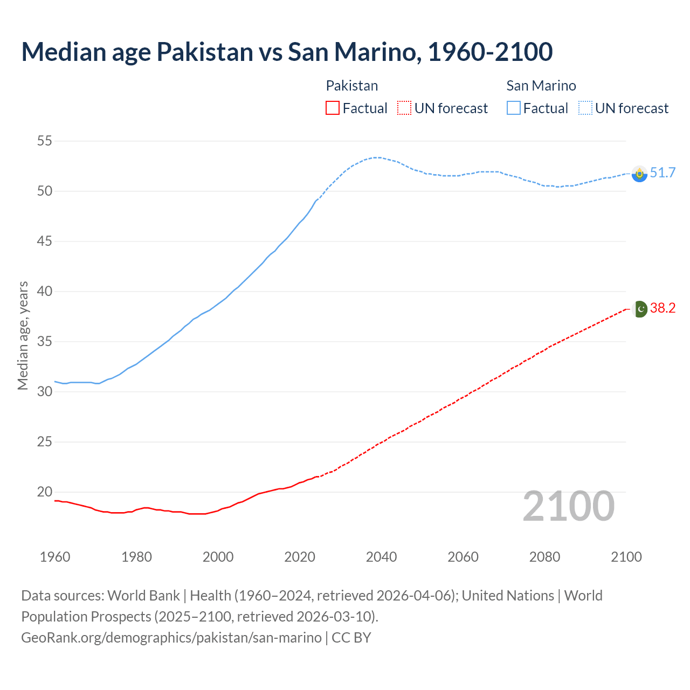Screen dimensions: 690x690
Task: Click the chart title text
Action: click(x=287, y=52)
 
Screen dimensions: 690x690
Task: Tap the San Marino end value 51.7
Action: click(x=663, y=172)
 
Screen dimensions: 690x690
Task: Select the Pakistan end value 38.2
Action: click(x=663, y=308)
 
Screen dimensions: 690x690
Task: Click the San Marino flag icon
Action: click(x=639, y=174)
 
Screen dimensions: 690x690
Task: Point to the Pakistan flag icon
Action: click(x=639, y=309)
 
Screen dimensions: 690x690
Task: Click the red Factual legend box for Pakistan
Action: click(x=333, y=108)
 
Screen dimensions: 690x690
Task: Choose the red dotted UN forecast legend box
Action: click(x=404, y=108)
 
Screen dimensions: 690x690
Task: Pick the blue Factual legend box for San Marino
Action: click(x=513, y=108)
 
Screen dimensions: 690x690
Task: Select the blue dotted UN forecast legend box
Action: click(x=585, y=108)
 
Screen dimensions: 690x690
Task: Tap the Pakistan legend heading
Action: click(x=351, y=86)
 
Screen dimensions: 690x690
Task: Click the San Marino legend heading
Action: click(x=541, y=86)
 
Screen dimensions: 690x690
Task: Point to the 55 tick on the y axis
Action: click(x=44, y=141)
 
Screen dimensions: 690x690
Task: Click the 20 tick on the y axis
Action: click(x=44, y=492)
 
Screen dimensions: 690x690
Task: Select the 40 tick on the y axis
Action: click(x=44, y=291)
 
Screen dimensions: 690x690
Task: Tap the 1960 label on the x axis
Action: click(x=55, y=557)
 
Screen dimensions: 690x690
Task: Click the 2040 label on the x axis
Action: click(x=381, y=557)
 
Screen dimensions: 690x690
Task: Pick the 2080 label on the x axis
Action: click(x=544, y=557)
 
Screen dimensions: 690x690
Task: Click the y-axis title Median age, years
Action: click(x=23, y=335)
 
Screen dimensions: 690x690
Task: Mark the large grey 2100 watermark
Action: click(x=568, y=506)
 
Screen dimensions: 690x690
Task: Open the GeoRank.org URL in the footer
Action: click(x=171, y=637)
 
